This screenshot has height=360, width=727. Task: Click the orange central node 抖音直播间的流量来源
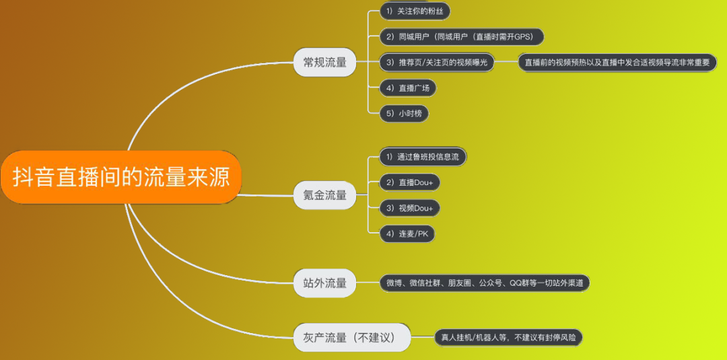point(121,177)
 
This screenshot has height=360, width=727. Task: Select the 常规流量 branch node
point(324,63)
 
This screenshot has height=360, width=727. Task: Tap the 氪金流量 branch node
point(324,195)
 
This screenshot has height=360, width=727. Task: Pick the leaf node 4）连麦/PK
point(408,233)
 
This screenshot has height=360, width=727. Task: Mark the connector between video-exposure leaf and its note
point(506,63)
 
